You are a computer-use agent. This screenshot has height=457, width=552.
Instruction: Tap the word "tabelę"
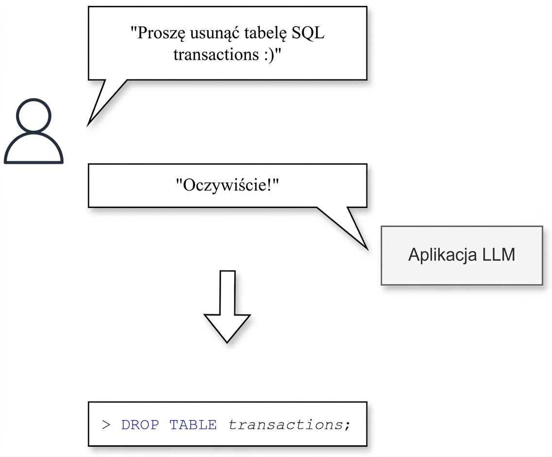pyautogui.click(x=265, y=34)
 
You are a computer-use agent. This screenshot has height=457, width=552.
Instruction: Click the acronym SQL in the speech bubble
pyautogui.click(x=308, y=33)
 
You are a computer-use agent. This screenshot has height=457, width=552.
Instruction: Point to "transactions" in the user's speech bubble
pyautogui.click(x=216, y=54)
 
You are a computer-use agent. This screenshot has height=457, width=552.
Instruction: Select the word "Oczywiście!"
pyautogui.click(x=227, y=185)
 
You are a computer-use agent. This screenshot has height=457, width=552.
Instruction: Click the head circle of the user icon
pyautogui.click(x=34, y=99)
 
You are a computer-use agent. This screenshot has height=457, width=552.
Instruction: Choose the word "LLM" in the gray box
pyautogui.click(x=499, y=254)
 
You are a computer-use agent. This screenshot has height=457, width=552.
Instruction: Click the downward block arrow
pyautogui.click(x=227, y=307)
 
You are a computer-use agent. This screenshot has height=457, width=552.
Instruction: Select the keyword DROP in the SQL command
pyautogui.click(x=140, y=424)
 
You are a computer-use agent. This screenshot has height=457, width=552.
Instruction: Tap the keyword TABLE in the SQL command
pyautogui.click(x=193, y=424)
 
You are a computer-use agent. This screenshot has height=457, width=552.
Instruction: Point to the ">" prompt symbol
pyautogui.click(x=106, y=425)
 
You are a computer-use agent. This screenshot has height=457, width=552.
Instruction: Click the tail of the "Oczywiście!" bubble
pyautogui.click(x=367, y=249)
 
